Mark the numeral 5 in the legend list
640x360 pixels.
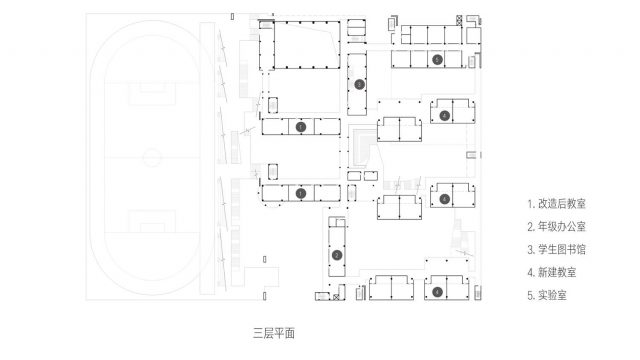[530, 294]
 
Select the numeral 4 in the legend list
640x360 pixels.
[530, 271]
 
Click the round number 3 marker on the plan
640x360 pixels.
[359, 85]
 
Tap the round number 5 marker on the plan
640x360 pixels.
[437, 60]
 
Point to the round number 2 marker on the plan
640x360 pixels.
[337, 255]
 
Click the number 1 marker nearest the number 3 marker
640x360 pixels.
[301, 127]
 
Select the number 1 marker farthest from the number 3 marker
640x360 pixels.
[301, 193]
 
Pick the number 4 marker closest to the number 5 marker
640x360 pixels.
[444, 116]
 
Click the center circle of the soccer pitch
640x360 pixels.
[150, 157]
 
